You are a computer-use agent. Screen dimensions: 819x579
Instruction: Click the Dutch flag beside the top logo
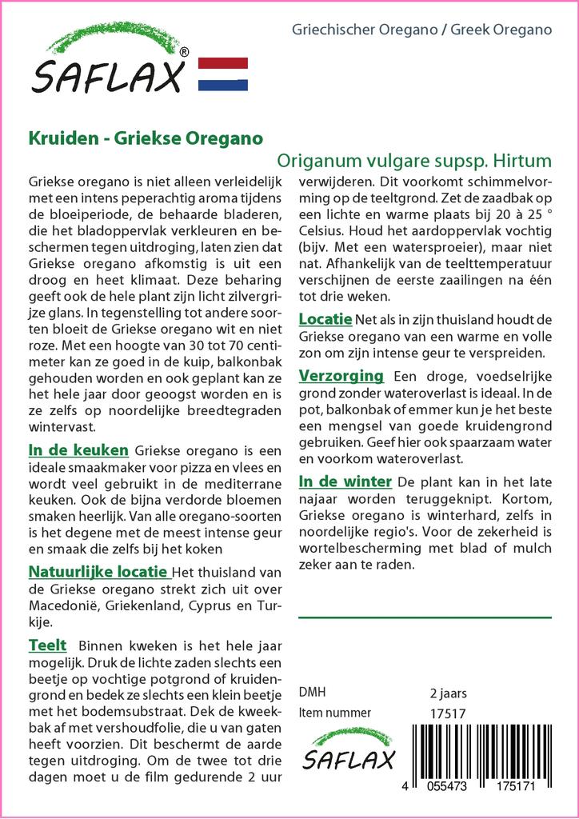pos(222,74)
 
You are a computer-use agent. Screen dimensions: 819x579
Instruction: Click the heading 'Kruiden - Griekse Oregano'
pos(146,137)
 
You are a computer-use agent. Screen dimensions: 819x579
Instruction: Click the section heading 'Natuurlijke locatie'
pos(98,572)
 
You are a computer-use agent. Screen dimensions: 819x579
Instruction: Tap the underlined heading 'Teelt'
pos(47,645)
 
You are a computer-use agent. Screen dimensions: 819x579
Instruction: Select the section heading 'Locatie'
pos(325,319)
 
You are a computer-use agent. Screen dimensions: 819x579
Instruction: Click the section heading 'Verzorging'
pos(341,376)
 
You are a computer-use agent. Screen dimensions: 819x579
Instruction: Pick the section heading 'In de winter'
pos(345,481)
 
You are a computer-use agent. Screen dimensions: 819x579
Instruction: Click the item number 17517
pos(448,713)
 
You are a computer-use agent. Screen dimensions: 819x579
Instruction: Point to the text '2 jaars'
pos(448,693)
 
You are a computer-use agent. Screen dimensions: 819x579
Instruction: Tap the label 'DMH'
pos(312,693)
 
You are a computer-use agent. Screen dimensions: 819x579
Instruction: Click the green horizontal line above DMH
pos(425,617)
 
